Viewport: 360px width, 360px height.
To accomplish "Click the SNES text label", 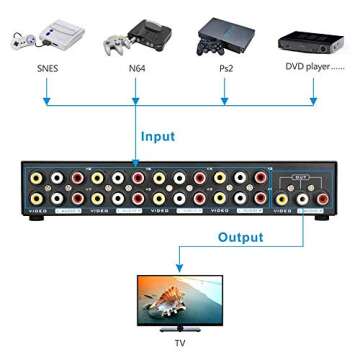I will coord(46,71).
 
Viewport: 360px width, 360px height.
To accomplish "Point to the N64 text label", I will coord(137,71).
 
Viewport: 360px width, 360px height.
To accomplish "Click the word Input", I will coord(157,136).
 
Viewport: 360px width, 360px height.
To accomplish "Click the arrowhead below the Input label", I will coord(137,160).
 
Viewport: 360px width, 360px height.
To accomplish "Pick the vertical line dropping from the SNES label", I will coord(46,90).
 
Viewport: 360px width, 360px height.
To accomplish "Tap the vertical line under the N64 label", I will coord(137,90).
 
